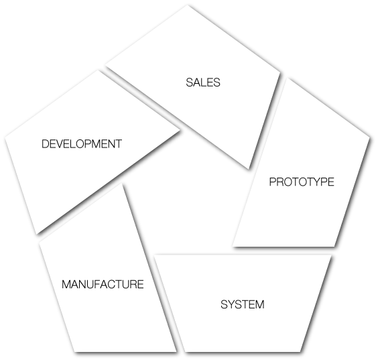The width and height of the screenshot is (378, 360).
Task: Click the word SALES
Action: pos(203,82)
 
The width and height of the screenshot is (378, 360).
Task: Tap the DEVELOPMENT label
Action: pos(82,144)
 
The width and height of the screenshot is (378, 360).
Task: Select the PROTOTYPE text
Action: pos(302,182)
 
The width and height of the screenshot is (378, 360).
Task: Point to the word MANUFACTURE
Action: pos(103,284)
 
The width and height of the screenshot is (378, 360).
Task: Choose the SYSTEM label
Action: pos(243,304)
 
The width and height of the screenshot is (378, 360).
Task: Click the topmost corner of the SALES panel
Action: pos(187,5)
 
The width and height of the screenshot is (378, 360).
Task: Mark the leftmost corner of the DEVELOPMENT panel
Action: pos(5,138)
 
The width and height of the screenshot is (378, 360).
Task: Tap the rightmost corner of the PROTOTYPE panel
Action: pos(369,138)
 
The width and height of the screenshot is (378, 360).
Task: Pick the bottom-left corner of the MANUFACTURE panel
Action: pos(75,352)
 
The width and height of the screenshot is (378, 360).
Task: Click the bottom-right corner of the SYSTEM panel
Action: pos(300,352)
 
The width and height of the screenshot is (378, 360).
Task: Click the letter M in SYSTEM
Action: pos(260,304)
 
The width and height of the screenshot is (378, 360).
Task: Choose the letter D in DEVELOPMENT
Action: pos(45,144)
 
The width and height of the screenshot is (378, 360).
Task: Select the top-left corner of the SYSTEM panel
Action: pos(154,255)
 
